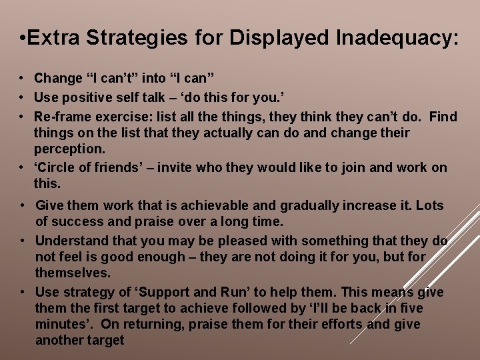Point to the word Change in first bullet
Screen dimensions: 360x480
[57, 79]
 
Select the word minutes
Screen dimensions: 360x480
[62, 325]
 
